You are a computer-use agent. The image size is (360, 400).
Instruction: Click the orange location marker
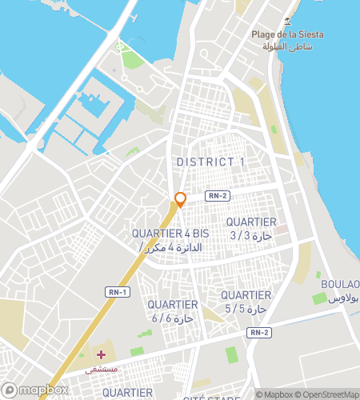181,200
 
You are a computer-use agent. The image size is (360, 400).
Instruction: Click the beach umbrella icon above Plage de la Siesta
287,20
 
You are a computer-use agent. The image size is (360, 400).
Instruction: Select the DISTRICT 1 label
210,162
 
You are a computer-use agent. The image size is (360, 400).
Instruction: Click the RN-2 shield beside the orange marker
217,196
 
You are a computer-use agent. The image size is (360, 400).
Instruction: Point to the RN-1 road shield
117,292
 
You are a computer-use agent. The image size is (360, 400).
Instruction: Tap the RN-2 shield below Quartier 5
258,332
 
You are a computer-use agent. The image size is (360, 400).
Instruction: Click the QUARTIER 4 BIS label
170,233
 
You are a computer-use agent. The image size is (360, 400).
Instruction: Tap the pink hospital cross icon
101,354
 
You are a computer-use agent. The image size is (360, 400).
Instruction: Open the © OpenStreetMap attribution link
328,394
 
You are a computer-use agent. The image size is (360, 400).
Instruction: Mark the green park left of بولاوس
319,298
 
